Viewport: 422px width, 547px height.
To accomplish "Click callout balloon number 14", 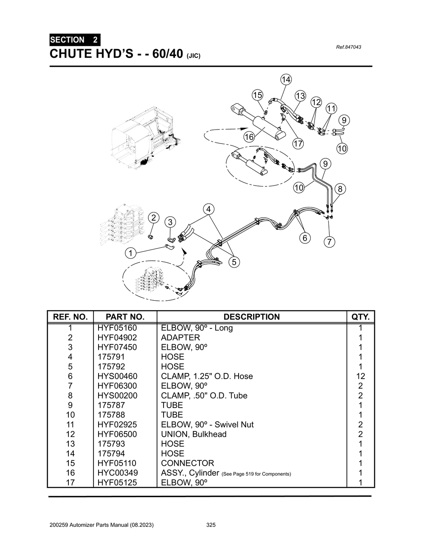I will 286,79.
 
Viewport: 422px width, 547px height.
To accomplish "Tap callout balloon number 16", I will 249,137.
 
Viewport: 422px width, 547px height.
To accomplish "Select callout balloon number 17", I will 298,144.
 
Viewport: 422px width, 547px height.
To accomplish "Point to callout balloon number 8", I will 340,189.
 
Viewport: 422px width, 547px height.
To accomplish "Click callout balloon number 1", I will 131,253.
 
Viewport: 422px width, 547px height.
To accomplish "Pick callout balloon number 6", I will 305,238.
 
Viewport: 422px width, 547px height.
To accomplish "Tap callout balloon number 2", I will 153,217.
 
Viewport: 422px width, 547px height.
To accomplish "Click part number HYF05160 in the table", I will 117,328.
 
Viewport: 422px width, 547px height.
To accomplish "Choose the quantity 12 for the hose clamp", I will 360,376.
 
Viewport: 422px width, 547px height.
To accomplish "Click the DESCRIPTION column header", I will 251,317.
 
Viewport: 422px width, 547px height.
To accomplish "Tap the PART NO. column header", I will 125,317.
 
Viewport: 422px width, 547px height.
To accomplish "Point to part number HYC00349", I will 117,473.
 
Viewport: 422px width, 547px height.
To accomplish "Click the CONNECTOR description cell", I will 188,463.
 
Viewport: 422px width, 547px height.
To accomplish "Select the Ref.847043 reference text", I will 349,47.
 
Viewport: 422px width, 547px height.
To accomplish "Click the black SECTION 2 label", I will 74,40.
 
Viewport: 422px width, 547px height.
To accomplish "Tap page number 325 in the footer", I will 211,525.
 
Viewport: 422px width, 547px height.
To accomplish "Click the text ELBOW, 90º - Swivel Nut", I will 207,424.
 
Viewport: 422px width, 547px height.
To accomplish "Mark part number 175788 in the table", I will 111,415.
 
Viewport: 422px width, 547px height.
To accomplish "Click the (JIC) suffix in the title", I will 194,56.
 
